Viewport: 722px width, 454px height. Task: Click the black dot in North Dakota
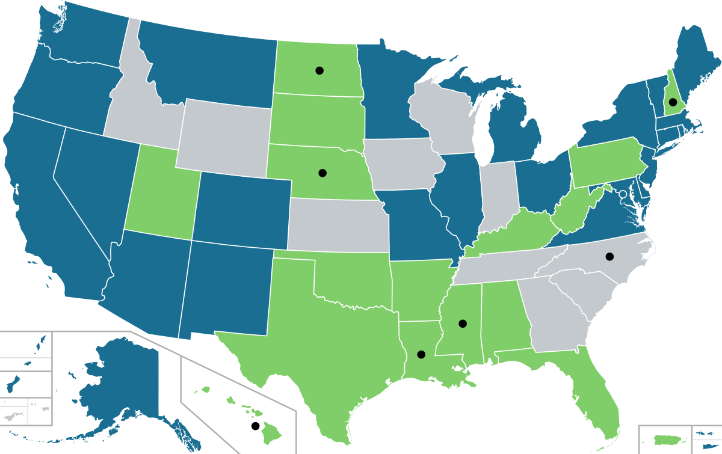click(x=319, y=70)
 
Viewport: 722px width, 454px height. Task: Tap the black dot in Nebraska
click(x=322, y=173)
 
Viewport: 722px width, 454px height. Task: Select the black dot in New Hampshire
click(x=673, y=102)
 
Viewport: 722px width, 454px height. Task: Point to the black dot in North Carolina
click(x=609, y=256)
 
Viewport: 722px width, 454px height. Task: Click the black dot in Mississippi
click(x=463, y=324)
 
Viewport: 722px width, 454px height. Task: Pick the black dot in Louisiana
click(x=421, y=354)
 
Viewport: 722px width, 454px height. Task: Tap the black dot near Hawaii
click(x=255, y=426)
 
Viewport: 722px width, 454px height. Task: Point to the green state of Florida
click(x=593, y=397)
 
